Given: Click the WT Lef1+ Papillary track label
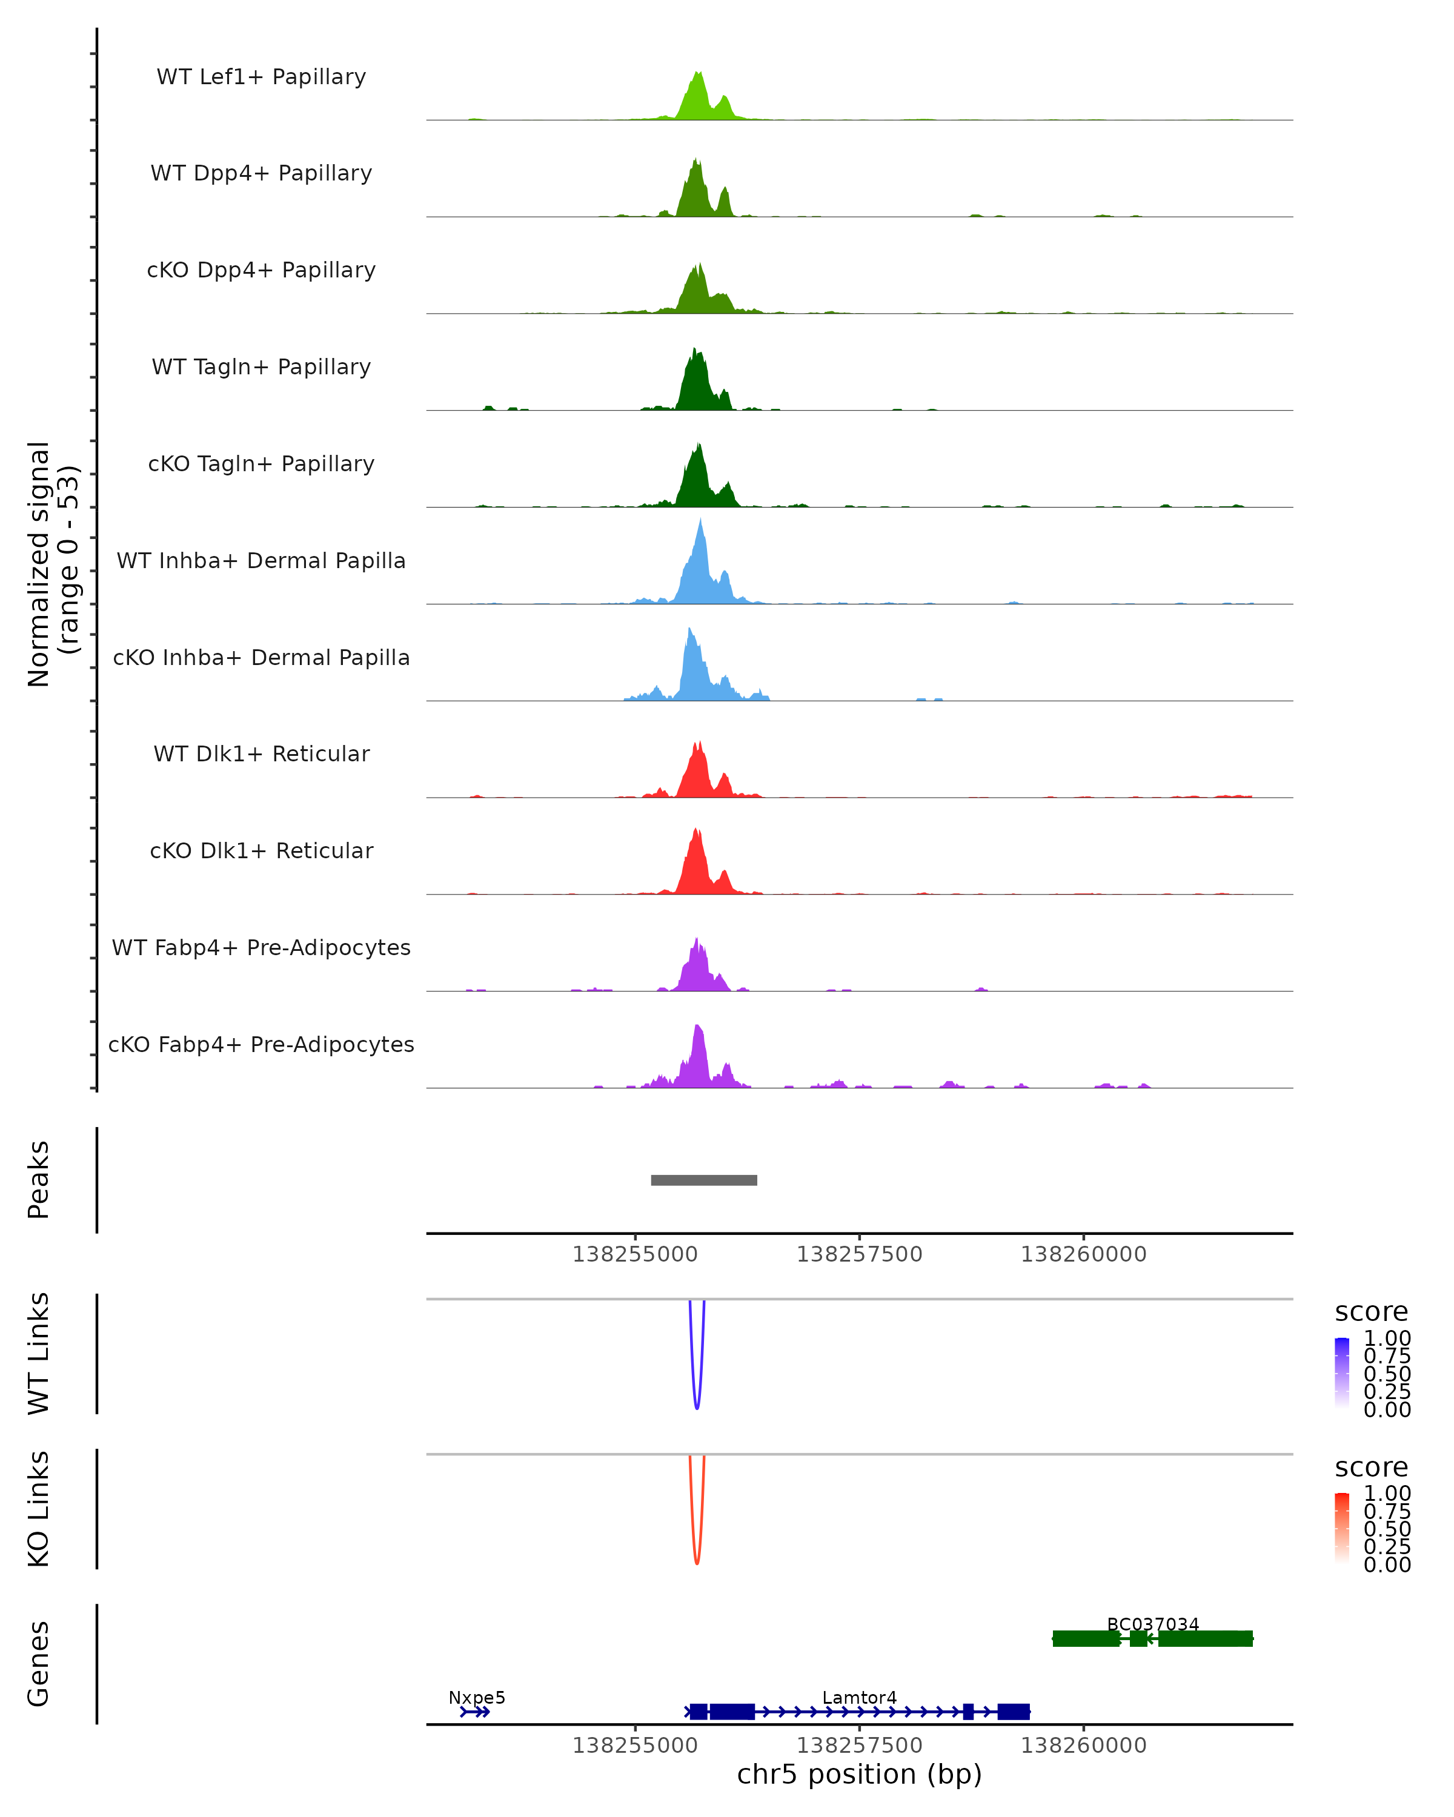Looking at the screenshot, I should point(261,77).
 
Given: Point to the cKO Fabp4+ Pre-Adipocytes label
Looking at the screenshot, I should point(261,1044).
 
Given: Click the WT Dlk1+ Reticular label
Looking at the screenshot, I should point(261,753).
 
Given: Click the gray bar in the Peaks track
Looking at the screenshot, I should point(704,1180).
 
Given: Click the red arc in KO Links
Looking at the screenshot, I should point(696,1561).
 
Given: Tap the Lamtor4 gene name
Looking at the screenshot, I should point(859,1697).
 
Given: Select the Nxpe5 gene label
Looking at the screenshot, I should point(476,1697).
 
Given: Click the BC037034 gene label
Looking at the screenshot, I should point(1152,1624).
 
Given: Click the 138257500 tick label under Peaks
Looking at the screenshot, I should point(859,1254).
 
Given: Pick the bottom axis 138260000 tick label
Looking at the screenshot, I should point(1083,1746).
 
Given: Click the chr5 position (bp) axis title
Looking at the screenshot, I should point(859,1774).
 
